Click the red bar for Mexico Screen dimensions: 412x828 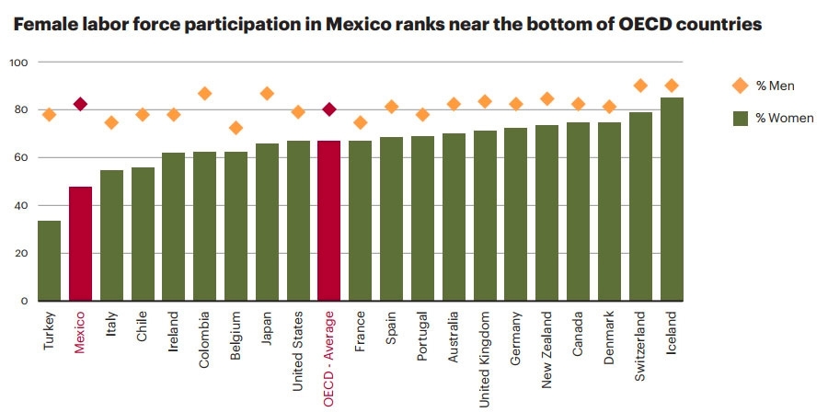[80, 244]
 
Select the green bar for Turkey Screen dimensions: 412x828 [49, 260]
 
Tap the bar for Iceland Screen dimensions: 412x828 [672, 199]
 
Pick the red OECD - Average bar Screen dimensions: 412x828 [328, 221]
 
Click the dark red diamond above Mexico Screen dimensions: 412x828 [80, 104]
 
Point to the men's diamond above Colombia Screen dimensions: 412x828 [204, 93]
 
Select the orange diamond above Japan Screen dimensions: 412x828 [267, 93]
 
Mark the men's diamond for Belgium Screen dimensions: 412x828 [236, 128]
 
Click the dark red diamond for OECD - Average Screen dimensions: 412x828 [328, 109]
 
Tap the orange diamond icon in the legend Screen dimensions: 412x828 [739, 86]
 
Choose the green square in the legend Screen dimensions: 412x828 [739, 118]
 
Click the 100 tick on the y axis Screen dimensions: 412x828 [19, 63]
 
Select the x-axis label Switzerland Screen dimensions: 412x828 [641, 347]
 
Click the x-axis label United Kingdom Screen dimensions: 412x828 [485, 358]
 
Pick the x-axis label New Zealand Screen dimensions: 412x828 [547, 350]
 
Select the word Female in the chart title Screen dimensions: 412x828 [43, 25]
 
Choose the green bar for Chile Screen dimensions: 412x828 [142, 234]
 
